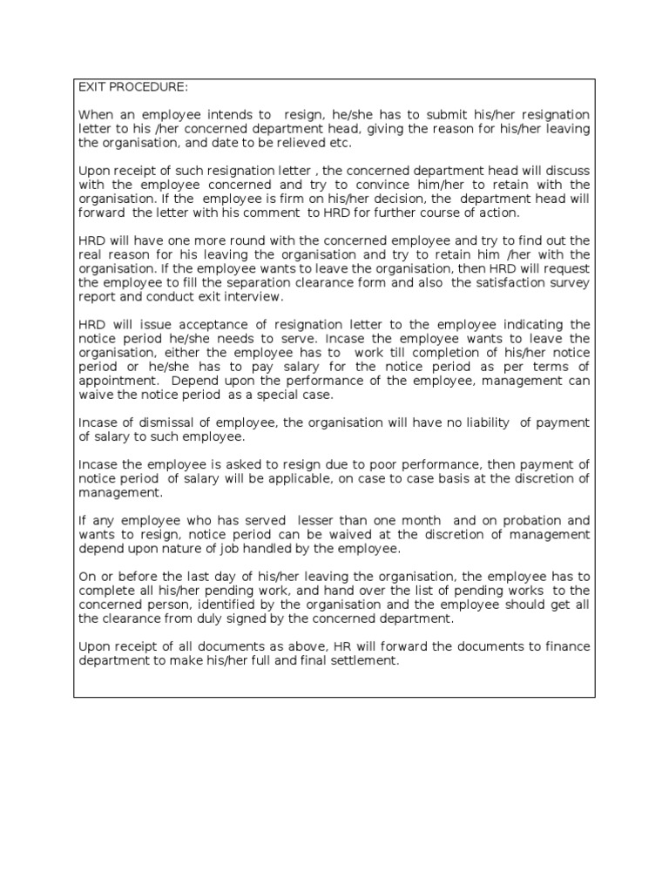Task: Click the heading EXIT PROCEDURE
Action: [x=132, y=88]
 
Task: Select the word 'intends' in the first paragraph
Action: [x=228, y=115]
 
